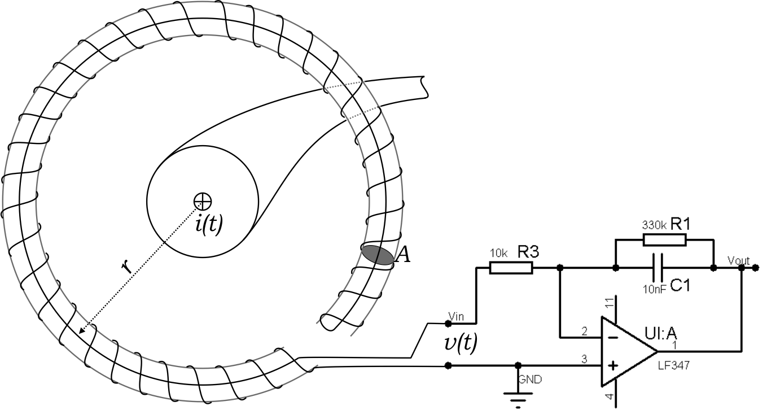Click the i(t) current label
click(209, 225)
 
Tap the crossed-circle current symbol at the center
click(202, 200)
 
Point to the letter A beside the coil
click(403, 256)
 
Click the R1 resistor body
click(664, 240)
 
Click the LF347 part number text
click(673, 366)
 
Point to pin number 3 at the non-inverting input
click(584, 359)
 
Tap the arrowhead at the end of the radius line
click(82, 331)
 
